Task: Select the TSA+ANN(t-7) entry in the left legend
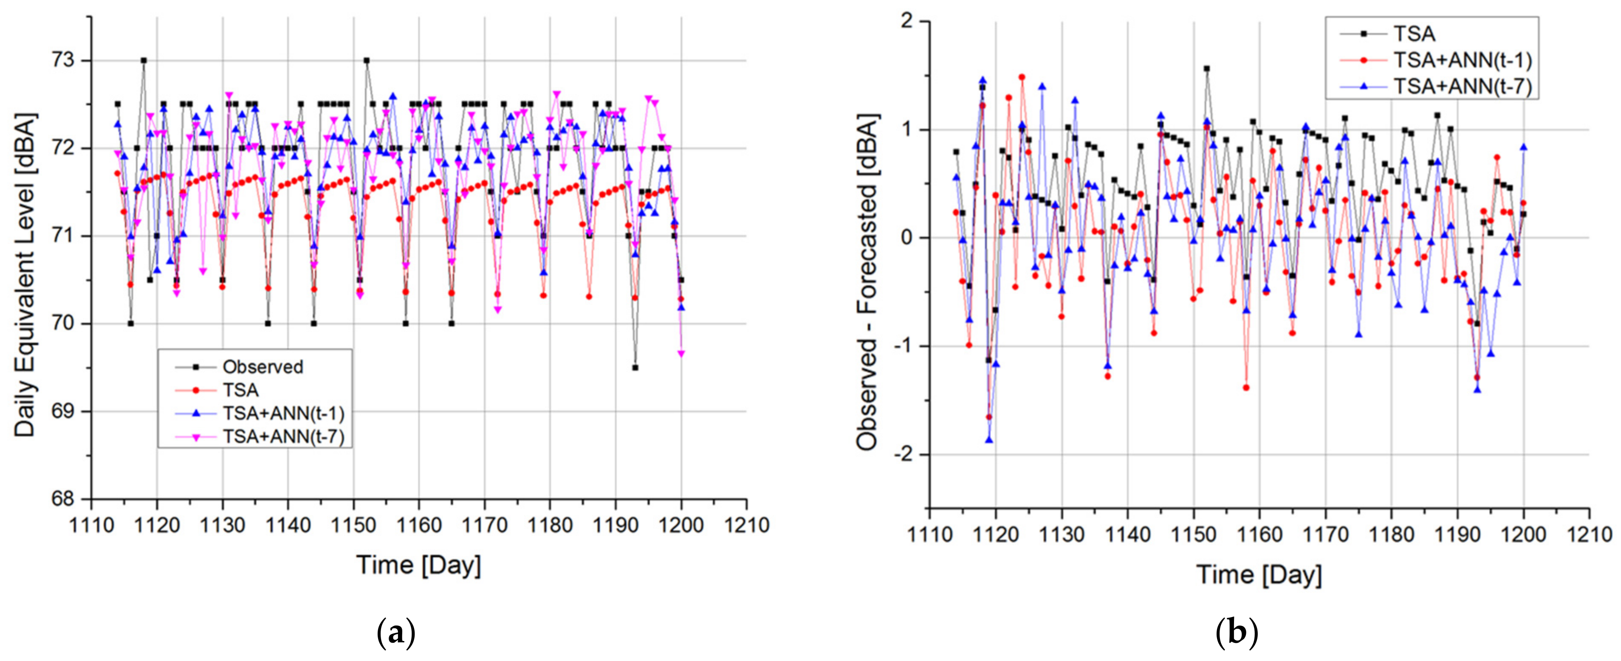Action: click(283, 436)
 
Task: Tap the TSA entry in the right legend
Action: click(1413, 34)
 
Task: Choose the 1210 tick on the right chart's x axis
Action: click(1589, 534)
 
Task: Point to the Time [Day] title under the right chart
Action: click(1259, 574)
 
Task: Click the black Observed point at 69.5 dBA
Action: click(635, 367)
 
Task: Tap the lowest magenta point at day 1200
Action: click(681, 354)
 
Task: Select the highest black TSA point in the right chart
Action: click(1207, 68)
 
